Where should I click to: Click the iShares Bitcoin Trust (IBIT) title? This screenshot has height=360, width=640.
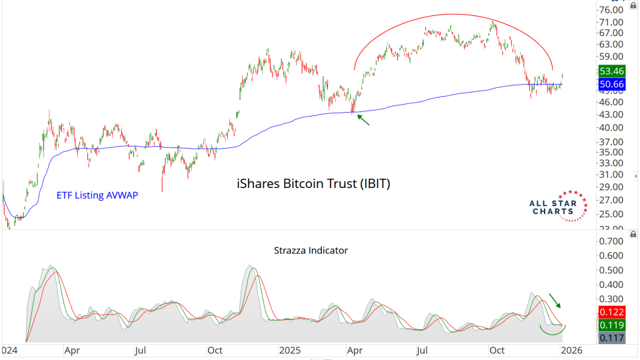(x=313, y=183)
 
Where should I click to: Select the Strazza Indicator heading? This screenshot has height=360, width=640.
(x=311, y=251)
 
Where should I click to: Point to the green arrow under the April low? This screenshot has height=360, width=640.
(x=363, y=120)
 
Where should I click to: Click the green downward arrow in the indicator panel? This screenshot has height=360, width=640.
(x=555, y=300)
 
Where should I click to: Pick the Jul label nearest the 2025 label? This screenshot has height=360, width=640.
(x=421, y=350)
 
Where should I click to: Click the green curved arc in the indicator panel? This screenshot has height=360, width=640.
(x=553, y=331)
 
